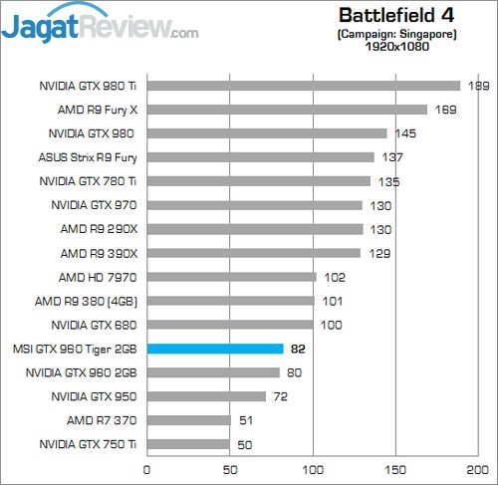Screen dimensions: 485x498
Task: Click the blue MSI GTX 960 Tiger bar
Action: tap(215, 349)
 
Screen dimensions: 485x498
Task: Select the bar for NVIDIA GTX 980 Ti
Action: tap(304, 86)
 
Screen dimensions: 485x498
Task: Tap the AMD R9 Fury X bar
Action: tap(287, 110)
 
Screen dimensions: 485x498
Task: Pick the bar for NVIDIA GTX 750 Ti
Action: tap(188, 444)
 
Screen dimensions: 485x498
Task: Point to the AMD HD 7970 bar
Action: tap(231, 277)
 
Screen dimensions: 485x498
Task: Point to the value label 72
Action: tap(282, 396)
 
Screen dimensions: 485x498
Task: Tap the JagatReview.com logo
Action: tap(100, 24)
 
